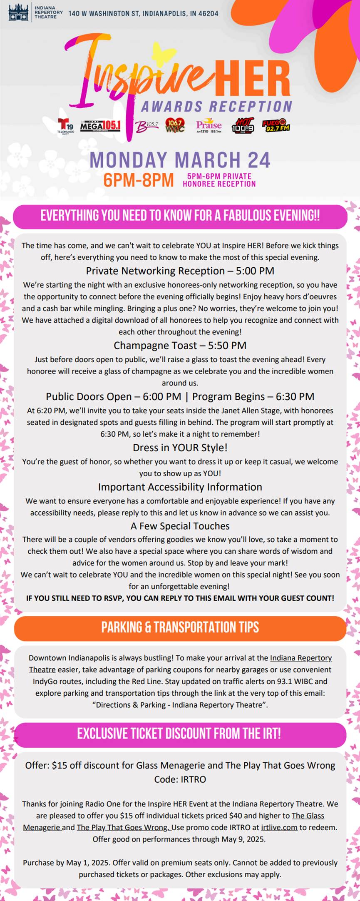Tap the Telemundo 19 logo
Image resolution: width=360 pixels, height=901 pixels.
tap(65, 126)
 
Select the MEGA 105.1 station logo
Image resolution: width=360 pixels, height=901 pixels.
tap(100, 125)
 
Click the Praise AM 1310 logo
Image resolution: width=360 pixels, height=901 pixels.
tap(209, 125)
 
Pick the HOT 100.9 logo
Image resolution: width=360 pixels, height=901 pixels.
tap(243, 125)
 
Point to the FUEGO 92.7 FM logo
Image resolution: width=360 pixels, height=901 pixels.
tap(276, 125)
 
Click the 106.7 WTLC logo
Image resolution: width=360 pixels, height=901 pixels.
tap(175, 125)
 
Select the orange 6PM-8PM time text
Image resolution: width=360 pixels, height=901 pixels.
tap(138, 180)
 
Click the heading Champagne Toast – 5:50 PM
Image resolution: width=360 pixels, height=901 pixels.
tap(180, 346)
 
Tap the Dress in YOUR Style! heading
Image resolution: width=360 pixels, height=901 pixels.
tap(180, 448)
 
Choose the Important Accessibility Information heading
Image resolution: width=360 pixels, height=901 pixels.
tap(180, 487)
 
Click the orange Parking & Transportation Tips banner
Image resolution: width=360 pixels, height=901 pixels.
tap(180, 627)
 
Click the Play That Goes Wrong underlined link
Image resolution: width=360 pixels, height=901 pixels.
tap(123, 827)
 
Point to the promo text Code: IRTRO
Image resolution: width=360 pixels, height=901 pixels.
tap(180, 779)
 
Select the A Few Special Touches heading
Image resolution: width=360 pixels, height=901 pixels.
tap(180, 526)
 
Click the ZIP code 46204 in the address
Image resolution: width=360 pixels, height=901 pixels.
tap(209, 14)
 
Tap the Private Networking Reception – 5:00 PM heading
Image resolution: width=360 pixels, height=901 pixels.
tap(180, 271)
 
